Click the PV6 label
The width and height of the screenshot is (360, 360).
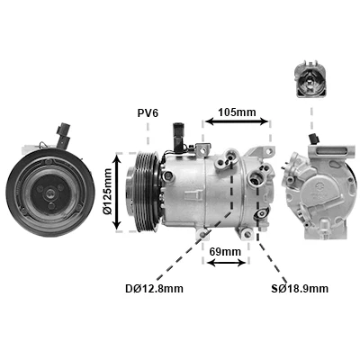click(148, 113)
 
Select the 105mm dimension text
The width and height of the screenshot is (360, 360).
click(237, 112)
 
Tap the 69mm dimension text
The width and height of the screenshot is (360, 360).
click(225, 251)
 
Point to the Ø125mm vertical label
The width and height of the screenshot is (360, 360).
click(107, 192)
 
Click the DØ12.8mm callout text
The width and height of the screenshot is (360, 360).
click(154, 289)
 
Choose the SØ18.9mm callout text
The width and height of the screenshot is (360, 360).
click(300, 289)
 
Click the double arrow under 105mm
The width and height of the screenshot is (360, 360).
click(237, 121)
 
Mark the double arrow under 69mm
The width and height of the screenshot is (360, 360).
click(227, 263)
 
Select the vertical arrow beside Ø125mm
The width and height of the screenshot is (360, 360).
click(117, 192)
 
